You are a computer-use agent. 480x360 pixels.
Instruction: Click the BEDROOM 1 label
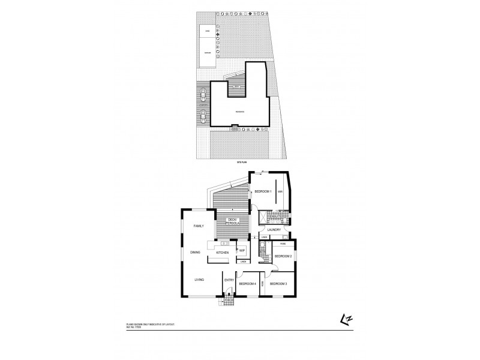[x=263, y=191]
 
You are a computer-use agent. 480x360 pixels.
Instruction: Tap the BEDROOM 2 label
[x=283, y=256]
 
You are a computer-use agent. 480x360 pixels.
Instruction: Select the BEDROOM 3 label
[x=278, y=283]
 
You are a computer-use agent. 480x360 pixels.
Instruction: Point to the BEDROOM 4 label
[x=247, y=283]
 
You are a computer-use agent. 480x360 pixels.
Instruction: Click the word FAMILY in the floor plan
[x=199, y=226]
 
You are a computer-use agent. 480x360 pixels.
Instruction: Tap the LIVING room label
[x=199, y=280]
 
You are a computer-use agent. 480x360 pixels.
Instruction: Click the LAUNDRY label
[x=275, y=230]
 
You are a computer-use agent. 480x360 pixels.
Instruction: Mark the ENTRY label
[x=229, y=280]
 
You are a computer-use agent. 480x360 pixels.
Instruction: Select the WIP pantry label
[x=242, y=250]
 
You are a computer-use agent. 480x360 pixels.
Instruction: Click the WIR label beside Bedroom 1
[x=280, y=192]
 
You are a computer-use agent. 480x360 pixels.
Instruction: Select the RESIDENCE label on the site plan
[x=239, y=112]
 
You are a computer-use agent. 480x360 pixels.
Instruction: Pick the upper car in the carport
[x=204, y=94]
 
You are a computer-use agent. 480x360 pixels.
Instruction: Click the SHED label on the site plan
[x=208, y=30]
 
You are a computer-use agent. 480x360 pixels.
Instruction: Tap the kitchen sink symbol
[x=224, y=243]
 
